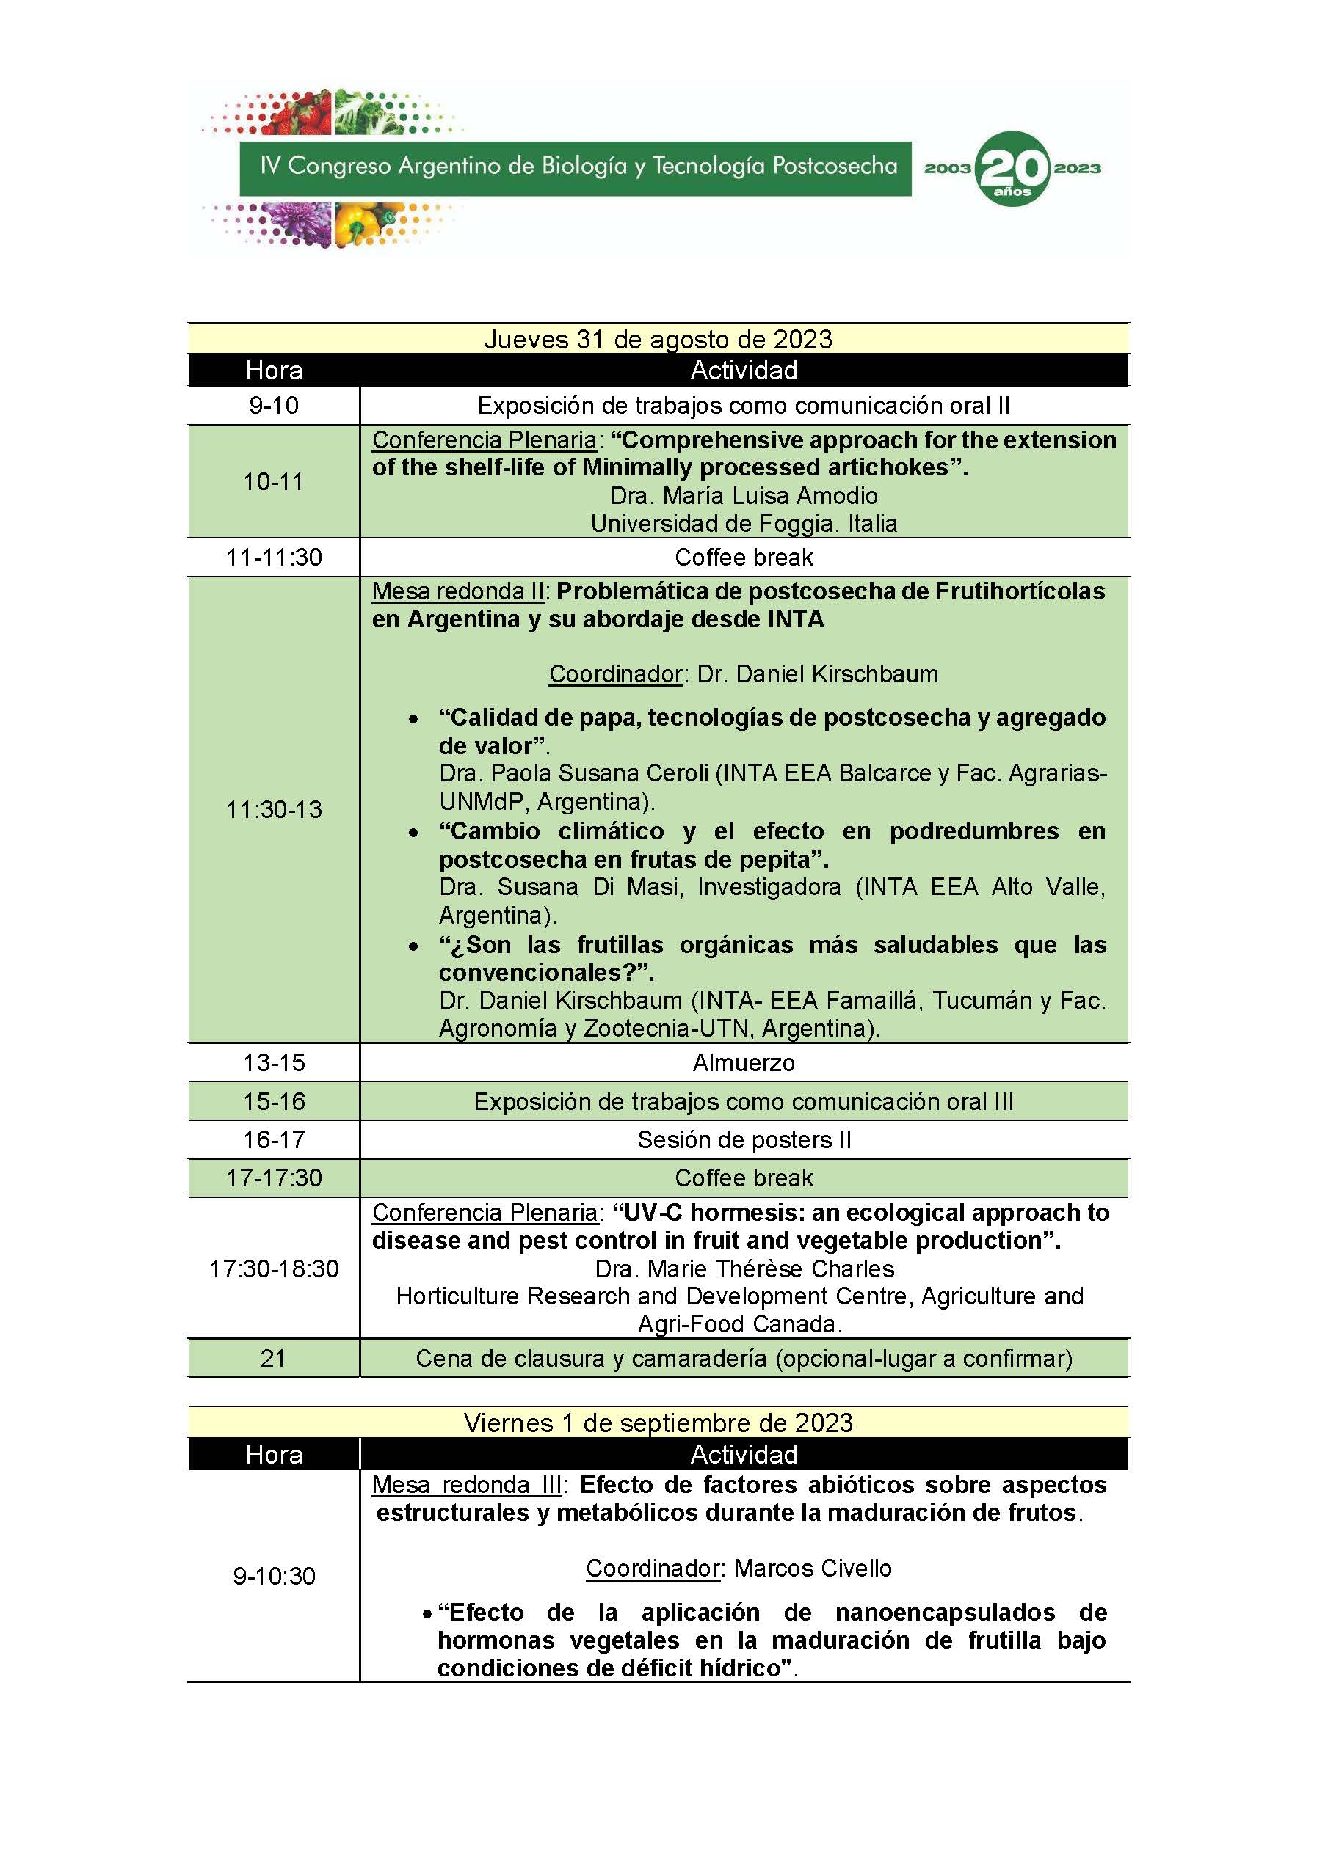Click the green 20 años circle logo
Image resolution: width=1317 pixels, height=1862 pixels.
point(1011,169)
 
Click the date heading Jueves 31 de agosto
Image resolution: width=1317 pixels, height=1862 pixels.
point(658,339)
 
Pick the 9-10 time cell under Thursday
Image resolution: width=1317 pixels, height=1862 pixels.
point(274,406)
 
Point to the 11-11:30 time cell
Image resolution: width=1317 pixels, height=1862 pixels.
point(274,557)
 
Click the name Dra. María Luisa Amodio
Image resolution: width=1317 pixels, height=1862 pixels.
point(744,495)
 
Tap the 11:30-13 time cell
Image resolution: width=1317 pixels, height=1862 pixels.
point(274,809)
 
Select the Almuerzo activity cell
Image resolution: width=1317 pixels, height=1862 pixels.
point(744,1062)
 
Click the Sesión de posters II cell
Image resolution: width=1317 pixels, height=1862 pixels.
point(744,1139)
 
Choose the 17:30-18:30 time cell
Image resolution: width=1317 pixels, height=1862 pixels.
point(274,1268)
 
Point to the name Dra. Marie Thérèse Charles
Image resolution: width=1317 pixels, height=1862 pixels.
point(744,1268)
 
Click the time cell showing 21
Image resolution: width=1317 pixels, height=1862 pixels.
point(274,1359)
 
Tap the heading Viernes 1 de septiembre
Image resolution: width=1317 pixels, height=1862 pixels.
point(658,1423)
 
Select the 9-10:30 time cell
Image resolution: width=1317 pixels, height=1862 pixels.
point(274,1576)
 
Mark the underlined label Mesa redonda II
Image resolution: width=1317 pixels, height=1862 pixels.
point(457,591)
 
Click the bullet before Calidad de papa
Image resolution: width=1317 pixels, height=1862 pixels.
point(414,719)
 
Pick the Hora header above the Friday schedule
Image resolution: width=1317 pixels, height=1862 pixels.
point(274,1454)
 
